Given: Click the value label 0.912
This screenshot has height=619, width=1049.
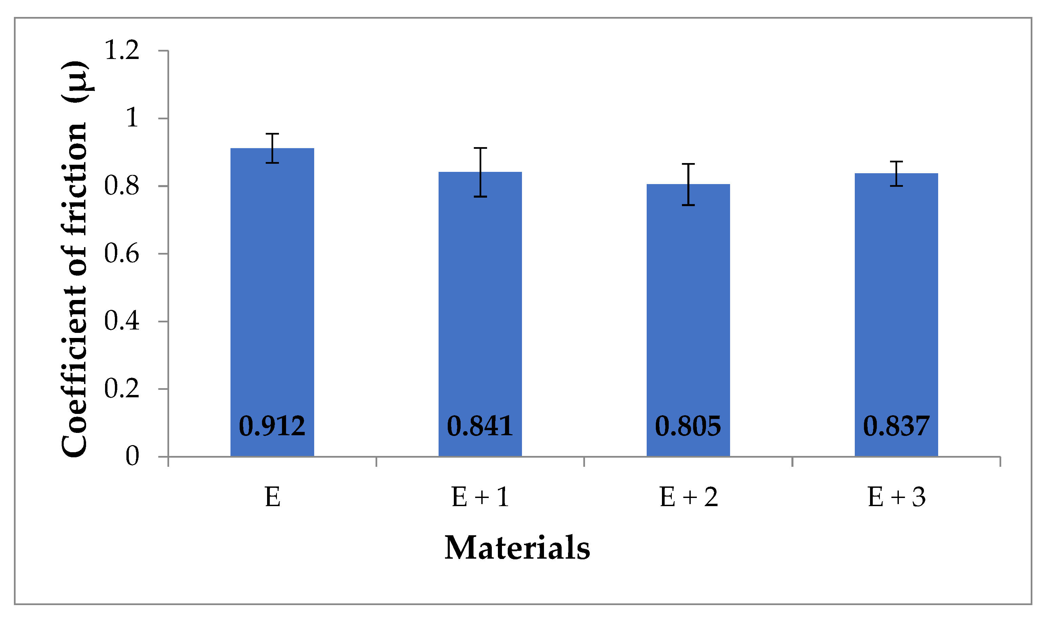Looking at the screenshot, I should point(272,426).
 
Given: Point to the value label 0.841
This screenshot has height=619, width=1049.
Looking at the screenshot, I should point(480,426).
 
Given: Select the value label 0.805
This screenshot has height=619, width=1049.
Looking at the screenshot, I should point(688,426).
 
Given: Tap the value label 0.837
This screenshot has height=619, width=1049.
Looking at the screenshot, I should point(896,426).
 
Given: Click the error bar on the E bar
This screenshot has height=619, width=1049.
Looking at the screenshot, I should point(272,148).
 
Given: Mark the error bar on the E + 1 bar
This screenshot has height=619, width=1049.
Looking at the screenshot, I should point(480,172).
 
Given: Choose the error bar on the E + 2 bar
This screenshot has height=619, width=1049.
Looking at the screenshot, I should point(688,184).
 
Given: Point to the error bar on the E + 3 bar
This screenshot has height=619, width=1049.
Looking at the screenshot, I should point(896,174).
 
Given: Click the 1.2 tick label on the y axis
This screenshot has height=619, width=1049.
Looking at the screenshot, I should point(122,51).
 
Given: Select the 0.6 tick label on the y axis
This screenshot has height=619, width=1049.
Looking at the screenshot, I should point(122,254).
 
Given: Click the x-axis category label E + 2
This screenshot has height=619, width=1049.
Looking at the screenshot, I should point(688,497).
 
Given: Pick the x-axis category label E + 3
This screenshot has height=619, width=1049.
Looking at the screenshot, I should point(896,497).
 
